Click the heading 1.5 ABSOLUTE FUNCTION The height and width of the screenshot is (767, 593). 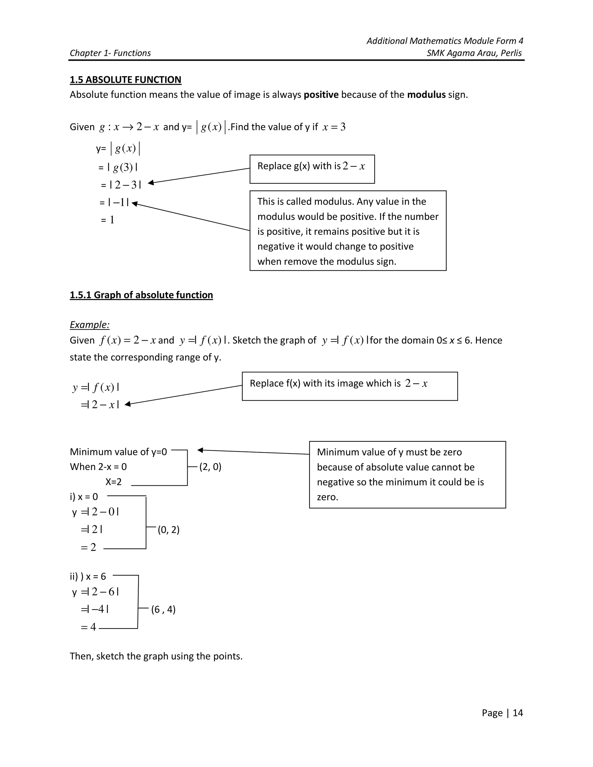(x=125, y=80)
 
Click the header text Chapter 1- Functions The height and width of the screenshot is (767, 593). (x=110, y=53)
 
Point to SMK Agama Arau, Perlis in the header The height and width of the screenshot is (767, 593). (x=474, y=53)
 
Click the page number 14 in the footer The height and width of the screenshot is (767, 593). (x=517, y=713)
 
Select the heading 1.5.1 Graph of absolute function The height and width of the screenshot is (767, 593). (x=141, y=295)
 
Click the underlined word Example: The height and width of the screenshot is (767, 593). (x=89, y=324)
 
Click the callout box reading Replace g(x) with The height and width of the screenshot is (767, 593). (x=312, y=169)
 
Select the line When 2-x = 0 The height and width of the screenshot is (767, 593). (x=98, y=467)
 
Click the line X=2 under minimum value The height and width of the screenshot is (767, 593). (x=114, y=482)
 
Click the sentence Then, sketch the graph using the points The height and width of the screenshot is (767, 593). (x=156, y=656)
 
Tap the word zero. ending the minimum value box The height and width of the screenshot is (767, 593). (x=327, y=497)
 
